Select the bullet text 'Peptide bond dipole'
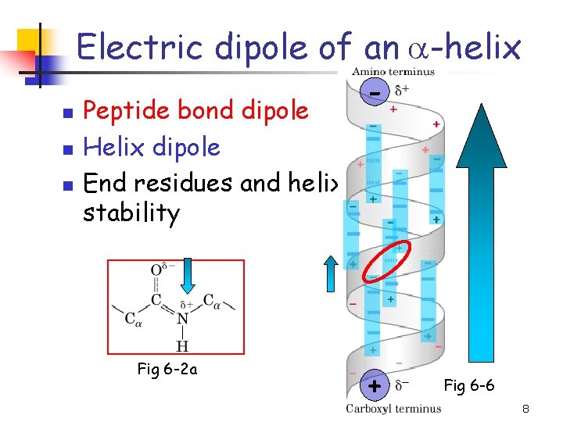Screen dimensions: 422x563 [x=195, y=110]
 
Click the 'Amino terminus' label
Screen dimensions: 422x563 [x=393, y=70]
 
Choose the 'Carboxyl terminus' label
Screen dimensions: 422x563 [x=394, y=409]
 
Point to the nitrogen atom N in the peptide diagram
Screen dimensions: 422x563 [x=181, y=318]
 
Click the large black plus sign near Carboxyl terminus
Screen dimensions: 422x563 [x=375, y=386]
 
